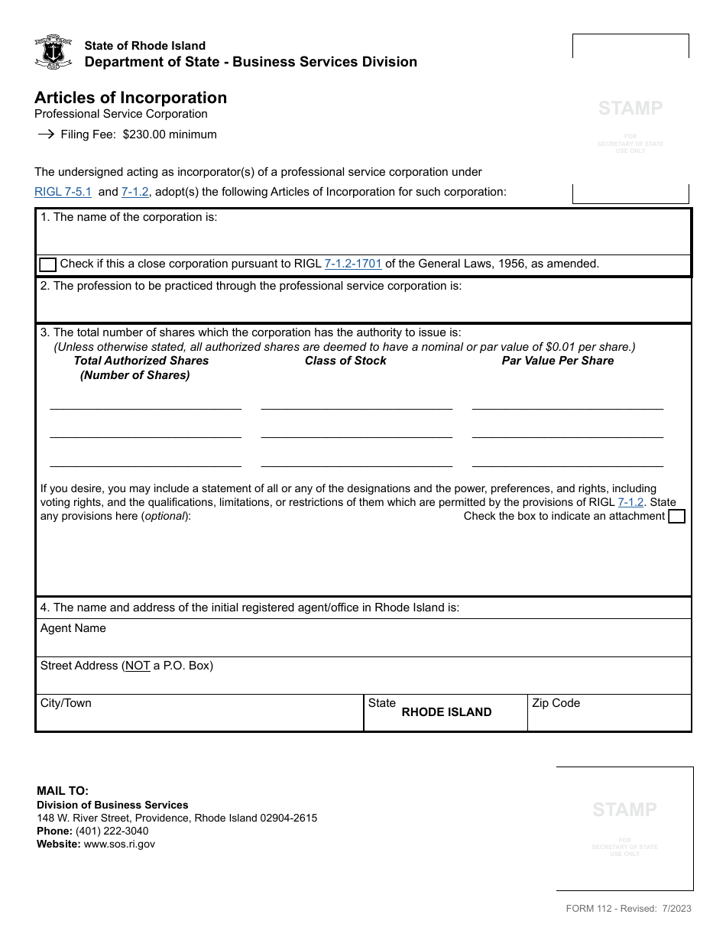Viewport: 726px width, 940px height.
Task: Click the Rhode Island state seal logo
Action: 53,52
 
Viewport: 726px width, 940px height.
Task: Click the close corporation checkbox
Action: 47,264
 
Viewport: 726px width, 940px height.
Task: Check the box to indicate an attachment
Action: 676,517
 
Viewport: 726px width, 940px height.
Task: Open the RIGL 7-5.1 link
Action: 63,192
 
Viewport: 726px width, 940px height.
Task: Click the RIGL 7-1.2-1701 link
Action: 353,264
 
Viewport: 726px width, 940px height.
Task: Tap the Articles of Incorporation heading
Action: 131,98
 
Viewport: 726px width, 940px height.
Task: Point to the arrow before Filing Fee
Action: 46,135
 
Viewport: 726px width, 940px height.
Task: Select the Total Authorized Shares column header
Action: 141,361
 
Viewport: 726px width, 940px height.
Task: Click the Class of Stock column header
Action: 345,361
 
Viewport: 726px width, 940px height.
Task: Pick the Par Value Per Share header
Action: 557,361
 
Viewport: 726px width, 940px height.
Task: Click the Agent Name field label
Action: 73,628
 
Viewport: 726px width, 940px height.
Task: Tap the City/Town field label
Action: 66,703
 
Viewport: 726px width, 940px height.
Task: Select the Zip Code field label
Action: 556,703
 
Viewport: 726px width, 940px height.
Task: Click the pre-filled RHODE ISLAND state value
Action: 446,712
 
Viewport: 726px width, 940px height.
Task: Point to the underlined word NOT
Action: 138,666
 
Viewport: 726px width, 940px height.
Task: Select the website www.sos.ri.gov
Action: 119,844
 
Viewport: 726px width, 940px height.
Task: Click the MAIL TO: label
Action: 63,791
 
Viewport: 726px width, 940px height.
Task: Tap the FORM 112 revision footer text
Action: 628,909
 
